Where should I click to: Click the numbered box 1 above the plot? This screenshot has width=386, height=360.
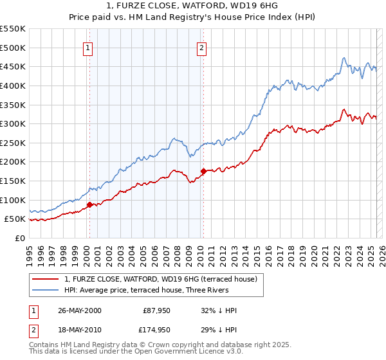(x=87, y=47)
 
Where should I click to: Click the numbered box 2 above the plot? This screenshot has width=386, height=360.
(x=201, y=47)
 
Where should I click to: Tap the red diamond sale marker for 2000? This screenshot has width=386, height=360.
(x=90, y=204)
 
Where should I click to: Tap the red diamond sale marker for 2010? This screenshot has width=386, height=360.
(x=203, y=171)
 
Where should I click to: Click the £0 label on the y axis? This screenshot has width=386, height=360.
(x=20, y=238)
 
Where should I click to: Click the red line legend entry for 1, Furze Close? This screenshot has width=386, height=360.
(x=161, y=279)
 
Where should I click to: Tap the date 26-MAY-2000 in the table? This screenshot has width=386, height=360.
(x=80, y=310)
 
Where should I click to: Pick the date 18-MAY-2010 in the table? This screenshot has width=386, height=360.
(x=80, y=330)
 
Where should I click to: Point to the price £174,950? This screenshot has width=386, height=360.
(x=155, y=330)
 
